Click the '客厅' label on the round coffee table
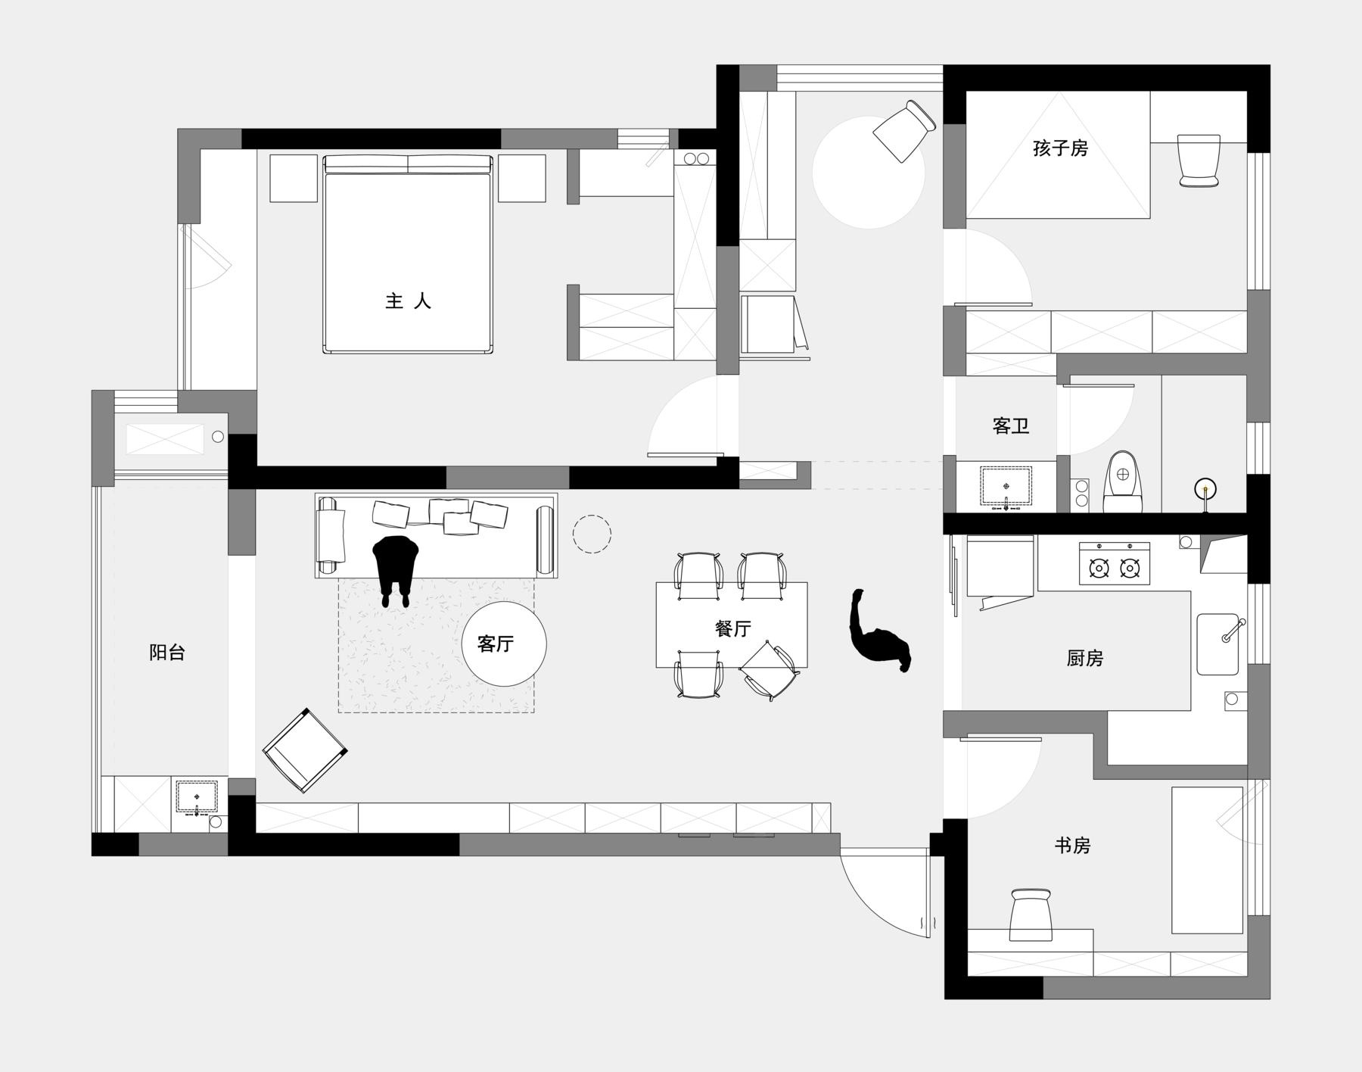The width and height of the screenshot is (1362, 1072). click(496, 644)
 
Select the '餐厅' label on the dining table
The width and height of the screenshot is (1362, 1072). click(732, 628)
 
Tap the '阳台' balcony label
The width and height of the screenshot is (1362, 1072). click(167, 653)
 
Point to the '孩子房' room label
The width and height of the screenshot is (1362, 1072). click(1060, 148)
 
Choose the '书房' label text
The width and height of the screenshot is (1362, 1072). click(1072, 845)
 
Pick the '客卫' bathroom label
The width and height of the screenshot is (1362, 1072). click(1011, 425)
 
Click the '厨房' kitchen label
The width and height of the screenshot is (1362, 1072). click(1085, 659)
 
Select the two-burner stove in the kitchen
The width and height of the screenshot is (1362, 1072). click(1115, 563)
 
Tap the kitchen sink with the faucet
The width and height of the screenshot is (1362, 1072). click(1218, 644)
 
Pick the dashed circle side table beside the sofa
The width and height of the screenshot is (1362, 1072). click(592, 534)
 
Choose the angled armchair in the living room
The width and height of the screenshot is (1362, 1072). click(305, 750)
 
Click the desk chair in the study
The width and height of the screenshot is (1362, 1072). click(1031, 915)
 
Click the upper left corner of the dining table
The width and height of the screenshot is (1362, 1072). click(656, 582)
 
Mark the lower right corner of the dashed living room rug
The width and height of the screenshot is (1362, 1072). click(534, 712)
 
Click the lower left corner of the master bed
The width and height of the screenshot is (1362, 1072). click(324, 353)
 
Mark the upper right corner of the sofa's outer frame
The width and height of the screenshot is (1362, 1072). click(558, 493)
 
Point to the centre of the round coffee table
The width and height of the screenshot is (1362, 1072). click(504, 644)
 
